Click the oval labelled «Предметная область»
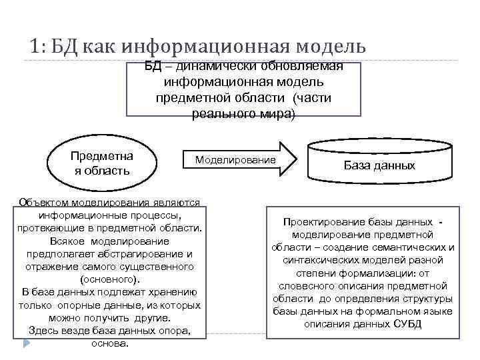101,163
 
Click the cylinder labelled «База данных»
379,165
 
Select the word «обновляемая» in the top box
305,67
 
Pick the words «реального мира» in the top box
243,113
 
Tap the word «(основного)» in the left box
110,279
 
